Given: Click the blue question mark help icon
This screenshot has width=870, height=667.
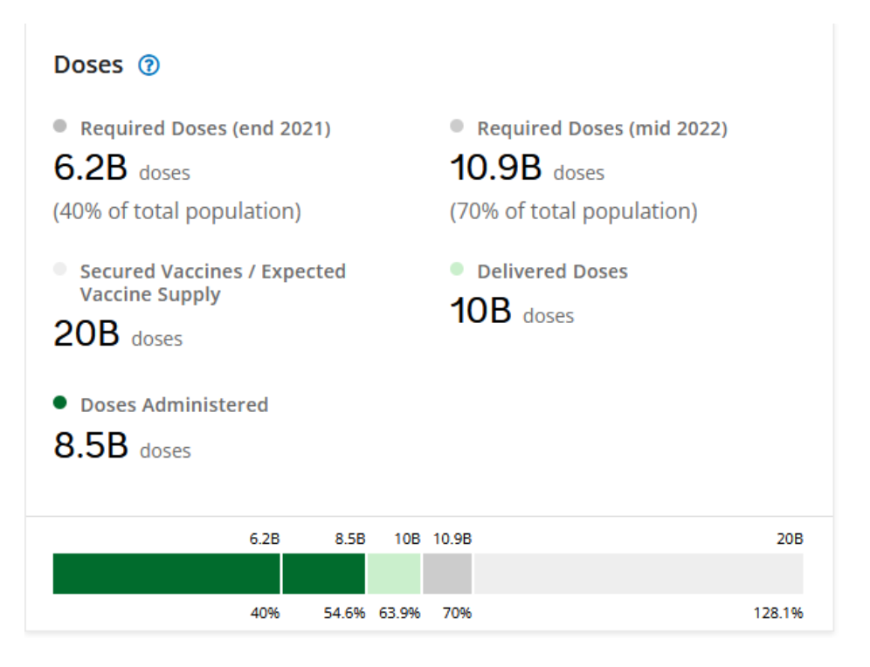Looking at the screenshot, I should tap(149, 65).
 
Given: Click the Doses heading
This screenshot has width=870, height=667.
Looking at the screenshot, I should tap(88, 65).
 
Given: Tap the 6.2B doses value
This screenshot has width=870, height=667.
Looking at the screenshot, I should tap(91, 169).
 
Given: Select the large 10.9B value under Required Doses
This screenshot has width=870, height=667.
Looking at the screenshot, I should tap(495, 169).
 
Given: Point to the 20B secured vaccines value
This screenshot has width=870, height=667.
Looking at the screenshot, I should tap(86, 334).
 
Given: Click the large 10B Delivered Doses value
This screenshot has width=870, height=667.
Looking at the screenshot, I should tap(480, 312).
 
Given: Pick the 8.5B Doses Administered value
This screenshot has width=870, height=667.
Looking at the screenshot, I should tap(91, 446).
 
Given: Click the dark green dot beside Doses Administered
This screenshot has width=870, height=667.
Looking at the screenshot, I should tap(59, 403).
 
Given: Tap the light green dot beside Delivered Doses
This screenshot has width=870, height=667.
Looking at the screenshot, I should tap(457, 270).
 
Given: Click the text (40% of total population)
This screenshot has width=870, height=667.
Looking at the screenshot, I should tap(177, 211).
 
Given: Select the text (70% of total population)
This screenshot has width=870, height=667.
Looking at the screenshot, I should tap(573, 211).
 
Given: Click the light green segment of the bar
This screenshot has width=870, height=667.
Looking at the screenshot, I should tap(393, 574).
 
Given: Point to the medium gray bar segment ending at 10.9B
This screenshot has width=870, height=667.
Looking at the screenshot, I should tap(446, 574).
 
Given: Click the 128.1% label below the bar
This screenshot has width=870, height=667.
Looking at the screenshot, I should tap(778, 614).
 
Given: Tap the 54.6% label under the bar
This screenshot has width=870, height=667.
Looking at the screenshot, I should tap(344, 614).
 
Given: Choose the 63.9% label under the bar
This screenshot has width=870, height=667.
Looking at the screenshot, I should tap(399, 614).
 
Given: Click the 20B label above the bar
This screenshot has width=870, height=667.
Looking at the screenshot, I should tap(790, 539).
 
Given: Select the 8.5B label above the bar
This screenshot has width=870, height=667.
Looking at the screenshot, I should tap(349, 539).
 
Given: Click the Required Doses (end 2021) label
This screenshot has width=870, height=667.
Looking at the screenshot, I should tap(205, 128).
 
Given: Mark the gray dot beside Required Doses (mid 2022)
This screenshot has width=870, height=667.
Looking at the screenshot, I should tap(457, 127).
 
